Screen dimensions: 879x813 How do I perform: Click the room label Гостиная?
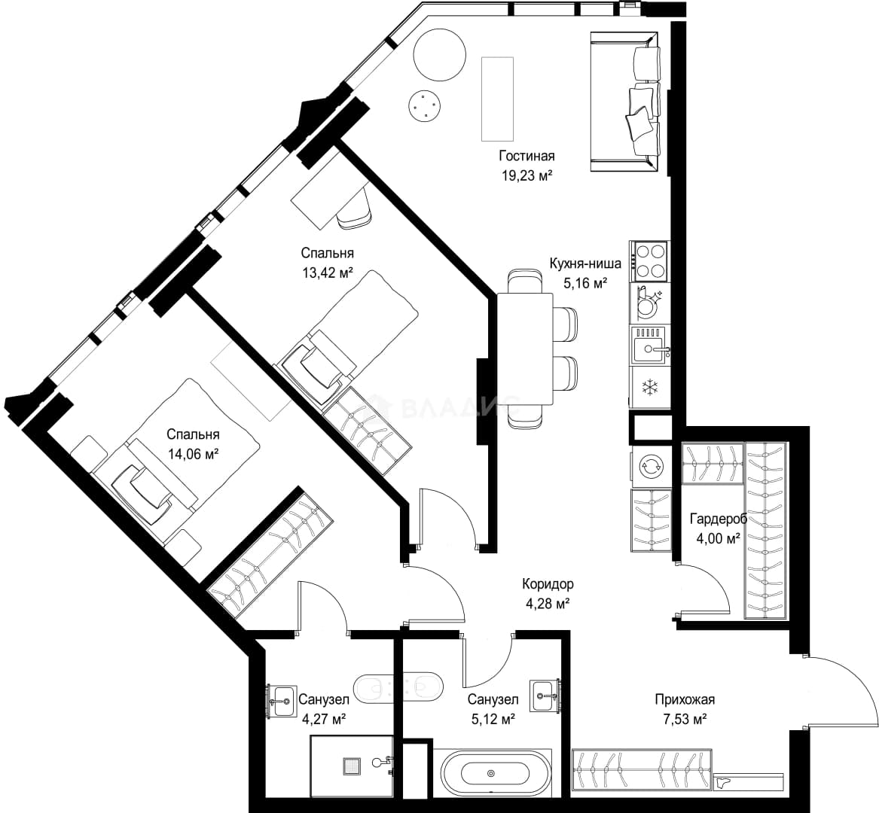click(x=526, y=156)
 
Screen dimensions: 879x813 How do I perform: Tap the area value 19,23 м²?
click(x=527, y=176)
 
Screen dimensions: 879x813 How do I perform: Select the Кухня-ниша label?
click(x=584, y=263)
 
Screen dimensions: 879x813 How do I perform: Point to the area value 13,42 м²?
click(x=328, y=273)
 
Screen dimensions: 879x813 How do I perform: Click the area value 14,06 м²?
click(x=193, y=453)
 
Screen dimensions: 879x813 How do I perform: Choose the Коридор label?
click(x=548, y=584)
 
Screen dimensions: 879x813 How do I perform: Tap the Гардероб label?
click(x=718, y=518)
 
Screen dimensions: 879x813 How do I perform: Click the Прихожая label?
click(x=685, y=699)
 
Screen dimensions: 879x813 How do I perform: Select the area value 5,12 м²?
click(x=493, y=719)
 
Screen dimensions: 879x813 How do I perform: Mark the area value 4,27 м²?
click(x=323, y=719)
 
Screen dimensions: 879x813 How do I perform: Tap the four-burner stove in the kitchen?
click(x=649, y=261)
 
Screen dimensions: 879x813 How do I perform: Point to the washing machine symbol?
click(x=650, y=466)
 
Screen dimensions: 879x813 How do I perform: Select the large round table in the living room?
click(x=440, y=55)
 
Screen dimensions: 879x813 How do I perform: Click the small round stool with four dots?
click(x=424, y=105)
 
